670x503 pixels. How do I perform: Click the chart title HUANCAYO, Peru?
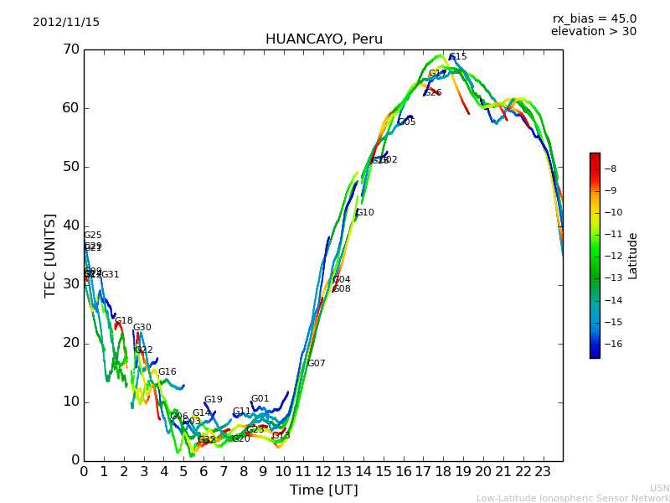tap(323, 39)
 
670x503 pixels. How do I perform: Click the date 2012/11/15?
tap(66, 23)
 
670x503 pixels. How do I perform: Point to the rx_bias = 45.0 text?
tap(594, 18)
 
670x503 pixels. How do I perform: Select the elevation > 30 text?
tap(593, 32)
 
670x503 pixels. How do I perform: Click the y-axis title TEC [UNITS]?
tap(50, 255)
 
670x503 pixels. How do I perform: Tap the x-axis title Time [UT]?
tap(323, 490)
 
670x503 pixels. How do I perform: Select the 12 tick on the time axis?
tap(323, 472)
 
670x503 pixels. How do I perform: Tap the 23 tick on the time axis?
tap(543, 472)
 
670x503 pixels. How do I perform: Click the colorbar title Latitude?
tap(633, 256)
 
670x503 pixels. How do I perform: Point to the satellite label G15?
tap(458, 57)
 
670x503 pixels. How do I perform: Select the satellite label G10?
tap(365, 213)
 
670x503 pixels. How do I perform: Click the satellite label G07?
tap(317, 364)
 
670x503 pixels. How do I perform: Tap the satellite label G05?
tap(407, 122)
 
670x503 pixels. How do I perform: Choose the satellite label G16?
tap(167, 372)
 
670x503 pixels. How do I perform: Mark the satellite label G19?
tap(214, 400)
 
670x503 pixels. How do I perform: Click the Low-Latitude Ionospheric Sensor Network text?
tap(573, 498)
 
